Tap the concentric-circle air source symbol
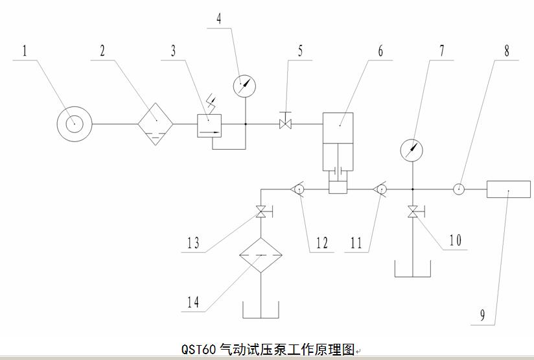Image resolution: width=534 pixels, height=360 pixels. (74, 123)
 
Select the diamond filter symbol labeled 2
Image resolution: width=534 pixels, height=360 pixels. (156, 123)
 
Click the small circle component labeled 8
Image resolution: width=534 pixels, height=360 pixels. (458, 189)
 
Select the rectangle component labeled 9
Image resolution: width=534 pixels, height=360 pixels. (507, 189)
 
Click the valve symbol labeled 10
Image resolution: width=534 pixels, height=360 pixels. (412, 211)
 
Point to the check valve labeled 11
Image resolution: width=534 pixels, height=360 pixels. (380, 189)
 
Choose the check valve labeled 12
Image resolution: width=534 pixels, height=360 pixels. (299, 189)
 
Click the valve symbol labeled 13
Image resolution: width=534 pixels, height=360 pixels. (261, 211)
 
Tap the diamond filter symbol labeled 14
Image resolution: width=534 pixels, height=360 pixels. (261, 256)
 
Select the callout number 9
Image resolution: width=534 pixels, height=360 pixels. (482, 316)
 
